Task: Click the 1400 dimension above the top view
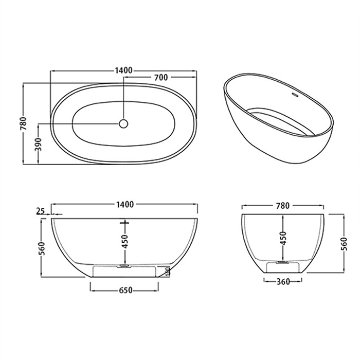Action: coord(124,70)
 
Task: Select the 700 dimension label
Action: coord(160,78)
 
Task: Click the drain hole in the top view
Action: coord(123,123)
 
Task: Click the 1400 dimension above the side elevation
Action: coord(124,204)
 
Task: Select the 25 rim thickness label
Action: coord(41,211)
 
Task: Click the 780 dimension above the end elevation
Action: coord(283,205)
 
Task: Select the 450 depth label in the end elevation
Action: coord(282,237)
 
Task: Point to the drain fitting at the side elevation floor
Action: coord(124,266)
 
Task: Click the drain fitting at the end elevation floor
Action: coord(282,262)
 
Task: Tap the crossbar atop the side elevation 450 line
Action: coord(124,223)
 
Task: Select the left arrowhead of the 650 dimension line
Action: coord(94,290)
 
